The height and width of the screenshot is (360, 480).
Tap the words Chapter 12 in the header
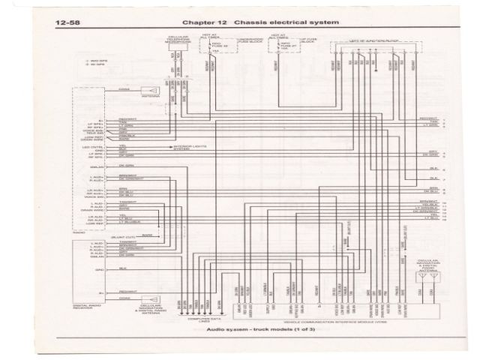(189, 22)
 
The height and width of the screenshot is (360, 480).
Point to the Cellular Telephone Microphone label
(172, 38)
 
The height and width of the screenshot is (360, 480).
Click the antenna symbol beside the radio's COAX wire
(150, 90)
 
